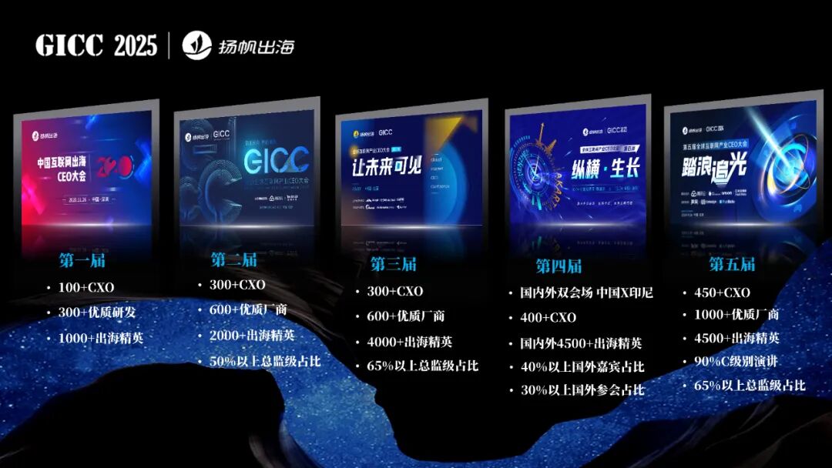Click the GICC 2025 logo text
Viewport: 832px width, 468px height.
pyautogui.click(x=96, y=45)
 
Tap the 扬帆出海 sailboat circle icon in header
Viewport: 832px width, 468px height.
pyautogui.click(x=197, y=45)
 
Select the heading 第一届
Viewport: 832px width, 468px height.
pyautogui.click(x=82, y=260)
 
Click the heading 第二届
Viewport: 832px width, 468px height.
pyautogui.click(x=233, y=259)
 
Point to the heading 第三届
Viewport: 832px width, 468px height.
pyautogui.click(x=393, y=264)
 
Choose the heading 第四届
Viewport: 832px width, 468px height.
pyautogui.click(x=559, y=266)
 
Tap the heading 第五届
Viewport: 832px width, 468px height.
pyautogui.click(x=732, y=264)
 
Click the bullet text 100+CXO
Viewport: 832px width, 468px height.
pyautogui.click(x=86, y=287)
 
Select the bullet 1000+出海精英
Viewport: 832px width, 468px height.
pyautogui.click(x=101, y=337)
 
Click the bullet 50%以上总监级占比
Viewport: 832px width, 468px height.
pyautogui.click(x=265, y=360)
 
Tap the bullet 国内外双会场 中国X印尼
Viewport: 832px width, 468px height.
pyautogui.click(x=586, y=292)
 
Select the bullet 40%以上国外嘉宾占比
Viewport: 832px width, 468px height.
pyautogui.click(x=582, y=367)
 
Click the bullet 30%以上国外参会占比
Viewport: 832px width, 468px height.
pyautogui.click(x=582, y=390)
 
